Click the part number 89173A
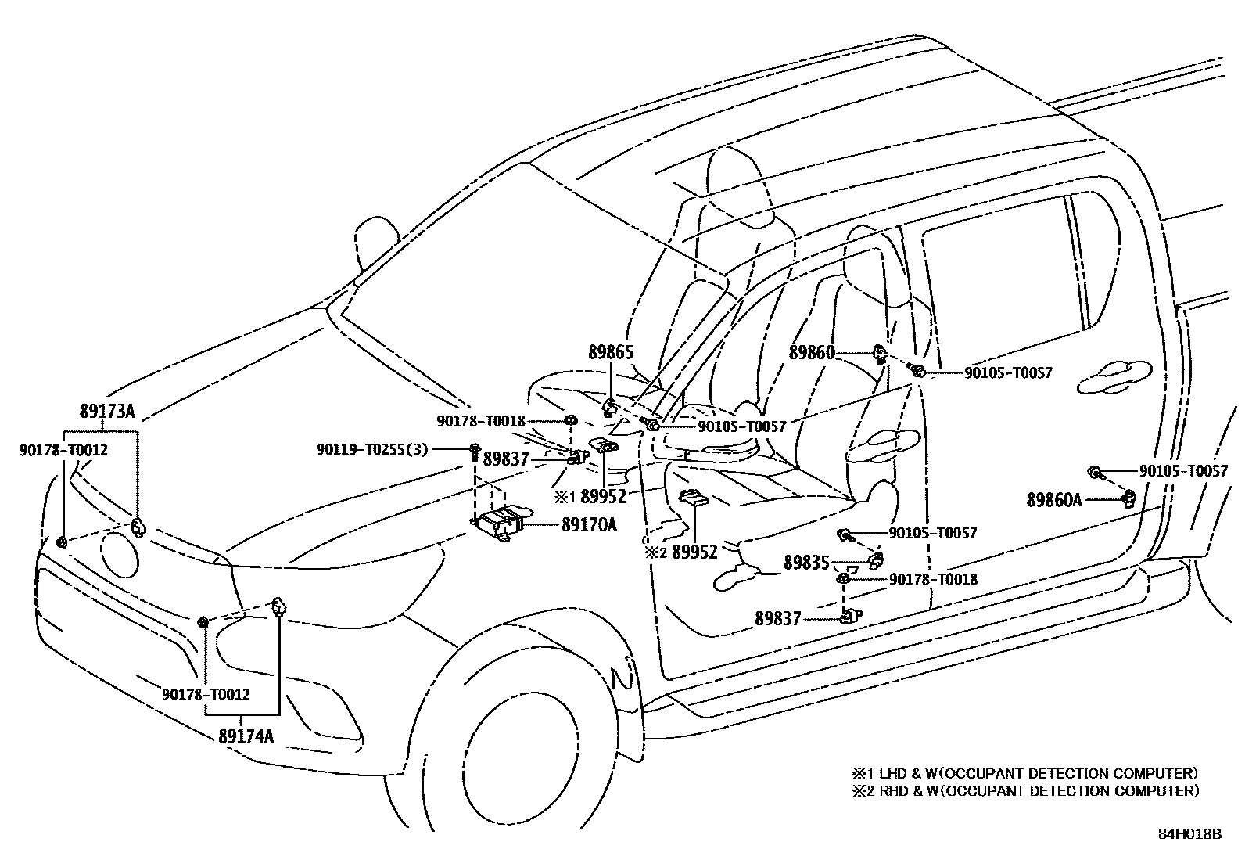pos(108,412)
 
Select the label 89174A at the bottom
pos(246,736)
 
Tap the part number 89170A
pos(588,525)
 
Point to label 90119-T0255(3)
pos(372,450)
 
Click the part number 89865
pos(611,354)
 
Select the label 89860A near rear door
pos(1054,499)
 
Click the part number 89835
pos(806,563)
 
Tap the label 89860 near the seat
pos(812,353)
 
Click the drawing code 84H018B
pos(1189,833)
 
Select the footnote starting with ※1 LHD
pos(1025,773)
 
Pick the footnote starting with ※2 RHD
pos(1025,790)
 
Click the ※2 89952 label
pos(681,552)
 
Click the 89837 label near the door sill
pos(778,618)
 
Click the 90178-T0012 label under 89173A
pos(63,450)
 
